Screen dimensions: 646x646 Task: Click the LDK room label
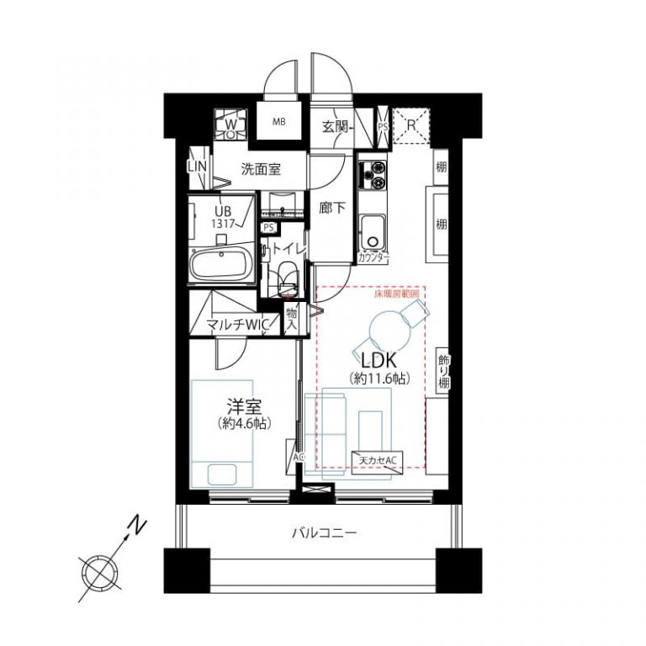click(378, 360)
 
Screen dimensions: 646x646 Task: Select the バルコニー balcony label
click(325, 532)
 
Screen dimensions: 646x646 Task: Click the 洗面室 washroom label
click(261, 169)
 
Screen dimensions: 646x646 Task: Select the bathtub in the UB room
click(220, 267)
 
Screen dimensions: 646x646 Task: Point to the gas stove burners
click(373, 174)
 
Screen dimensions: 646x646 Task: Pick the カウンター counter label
click(373, 257)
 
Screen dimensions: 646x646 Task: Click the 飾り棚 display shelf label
click(443, 370)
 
